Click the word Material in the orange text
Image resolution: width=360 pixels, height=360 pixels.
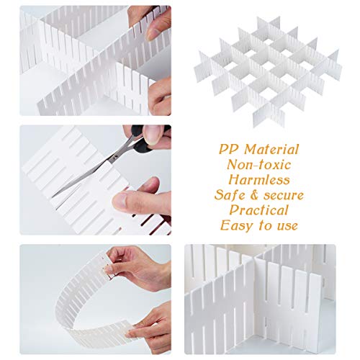[271, 149]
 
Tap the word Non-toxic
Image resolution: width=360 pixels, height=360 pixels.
[259, 165]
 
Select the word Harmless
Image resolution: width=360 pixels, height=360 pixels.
[259, 180]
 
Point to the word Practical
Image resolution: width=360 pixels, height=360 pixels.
[258, 210]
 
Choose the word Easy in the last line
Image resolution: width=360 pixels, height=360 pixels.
[237, 225]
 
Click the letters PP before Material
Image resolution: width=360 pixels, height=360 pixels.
[229, 149]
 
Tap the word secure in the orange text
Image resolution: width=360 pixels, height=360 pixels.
[284, 195]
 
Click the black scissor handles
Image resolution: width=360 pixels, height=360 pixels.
[144, 139]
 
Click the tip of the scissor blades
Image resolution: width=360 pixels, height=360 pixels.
[53, 197]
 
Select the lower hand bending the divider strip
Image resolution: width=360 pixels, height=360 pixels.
[150, 326]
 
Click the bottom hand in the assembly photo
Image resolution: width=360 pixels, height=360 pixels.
[160, 96]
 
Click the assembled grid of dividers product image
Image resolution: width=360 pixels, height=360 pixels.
[268, 71]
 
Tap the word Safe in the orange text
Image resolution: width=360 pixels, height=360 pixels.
[231, 195]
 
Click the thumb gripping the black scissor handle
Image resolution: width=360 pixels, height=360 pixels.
[157, 135]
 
